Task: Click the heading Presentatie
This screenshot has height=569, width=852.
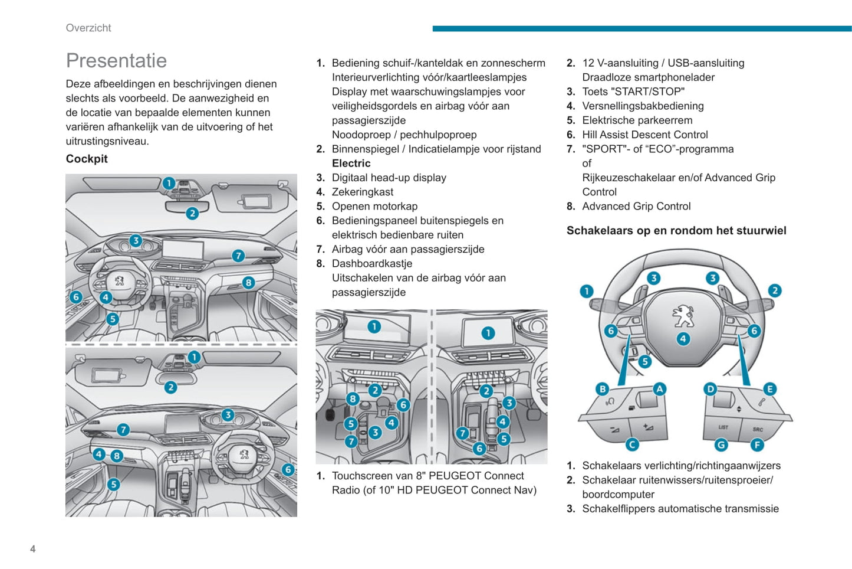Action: click(116, 61)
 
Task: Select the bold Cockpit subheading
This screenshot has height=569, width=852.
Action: click(87, 159)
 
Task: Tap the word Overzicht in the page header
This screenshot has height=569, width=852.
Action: click(88, 28)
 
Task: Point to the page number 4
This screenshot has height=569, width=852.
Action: click(33, 549)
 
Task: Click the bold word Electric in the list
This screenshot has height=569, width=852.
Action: click(351, 163)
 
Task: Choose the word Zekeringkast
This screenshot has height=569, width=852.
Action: click(362, 192)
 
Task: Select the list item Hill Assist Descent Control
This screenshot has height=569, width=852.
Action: click(644, 135)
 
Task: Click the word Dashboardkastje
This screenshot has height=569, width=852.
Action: click(371, 264)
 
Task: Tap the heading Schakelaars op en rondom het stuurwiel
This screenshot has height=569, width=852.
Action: click(676, 231)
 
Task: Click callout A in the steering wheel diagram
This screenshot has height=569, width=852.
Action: click(659, 389)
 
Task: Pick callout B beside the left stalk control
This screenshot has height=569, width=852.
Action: click(603, 389)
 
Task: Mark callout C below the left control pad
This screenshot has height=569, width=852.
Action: click(632, 444)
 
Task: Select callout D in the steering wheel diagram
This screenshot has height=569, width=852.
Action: click(710, 389)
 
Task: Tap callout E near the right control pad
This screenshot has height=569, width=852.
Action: click(769, 389)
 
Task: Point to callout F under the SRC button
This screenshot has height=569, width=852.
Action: click(757, 444)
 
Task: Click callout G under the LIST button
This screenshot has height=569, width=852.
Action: click(721, 444)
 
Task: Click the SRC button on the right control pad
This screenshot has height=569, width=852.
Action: click(758, 429)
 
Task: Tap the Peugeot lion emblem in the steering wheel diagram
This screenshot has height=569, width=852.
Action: click(683, 315)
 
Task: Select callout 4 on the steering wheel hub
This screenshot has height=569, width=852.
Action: click(683, 339)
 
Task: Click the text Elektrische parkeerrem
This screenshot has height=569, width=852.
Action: click(637, 120)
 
